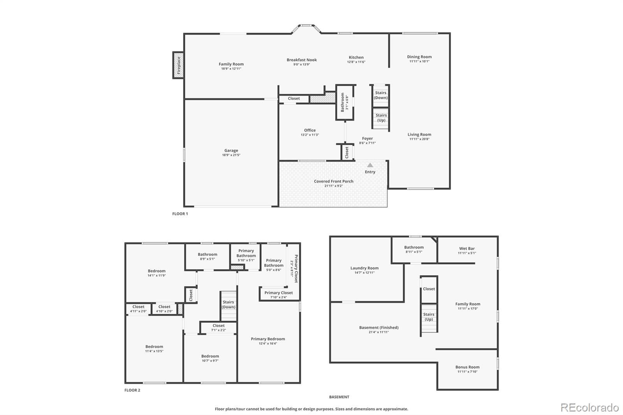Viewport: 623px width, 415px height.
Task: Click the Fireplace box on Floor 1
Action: [178, 65]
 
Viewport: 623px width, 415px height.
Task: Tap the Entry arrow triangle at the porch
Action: [370, 165]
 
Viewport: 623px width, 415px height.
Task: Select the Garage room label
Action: [231, 151]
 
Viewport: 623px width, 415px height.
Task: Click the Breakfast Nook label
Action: [302, 60]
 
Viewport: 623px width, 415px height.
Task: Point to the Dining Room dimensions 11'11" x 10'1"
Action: [419, 61]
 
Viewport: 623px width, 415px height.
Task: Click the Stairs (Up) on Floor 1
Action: [381, 118]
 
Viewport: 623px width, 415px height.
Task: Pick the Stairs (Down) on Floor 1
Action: [381, 95]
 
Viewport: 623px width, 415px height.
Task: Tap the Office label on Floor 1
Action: [310, 130]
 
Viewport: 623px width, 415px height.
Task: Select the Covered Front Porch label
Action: [334, 181]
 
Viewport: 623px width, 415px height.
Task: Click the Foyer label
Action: [368, 139]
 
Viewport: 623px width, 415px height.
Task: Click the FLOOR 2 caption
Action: [132, 390]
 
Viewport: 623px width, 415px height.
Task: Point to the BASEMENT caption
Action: [339, 397]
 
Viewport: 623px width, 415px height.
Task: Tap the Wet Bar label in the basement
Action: [467, 249]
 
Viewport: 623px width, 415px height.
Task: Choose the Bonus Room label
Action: [467, 367]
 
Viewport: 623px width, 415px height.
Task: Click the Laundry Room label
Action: [364, 268]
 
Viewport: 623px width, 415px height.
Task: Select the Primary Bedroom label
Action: [268, 339]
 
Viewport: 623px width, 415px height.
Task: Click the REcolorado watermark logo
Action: [590, 408]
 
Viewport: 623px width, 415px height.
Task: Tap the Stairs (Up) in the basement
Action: [429, 318]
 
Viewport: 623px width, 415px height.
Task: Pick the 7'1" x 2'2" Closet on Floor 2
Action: [218, 328]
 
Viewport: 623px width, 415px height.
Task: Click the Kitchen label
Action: [356, 57]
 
